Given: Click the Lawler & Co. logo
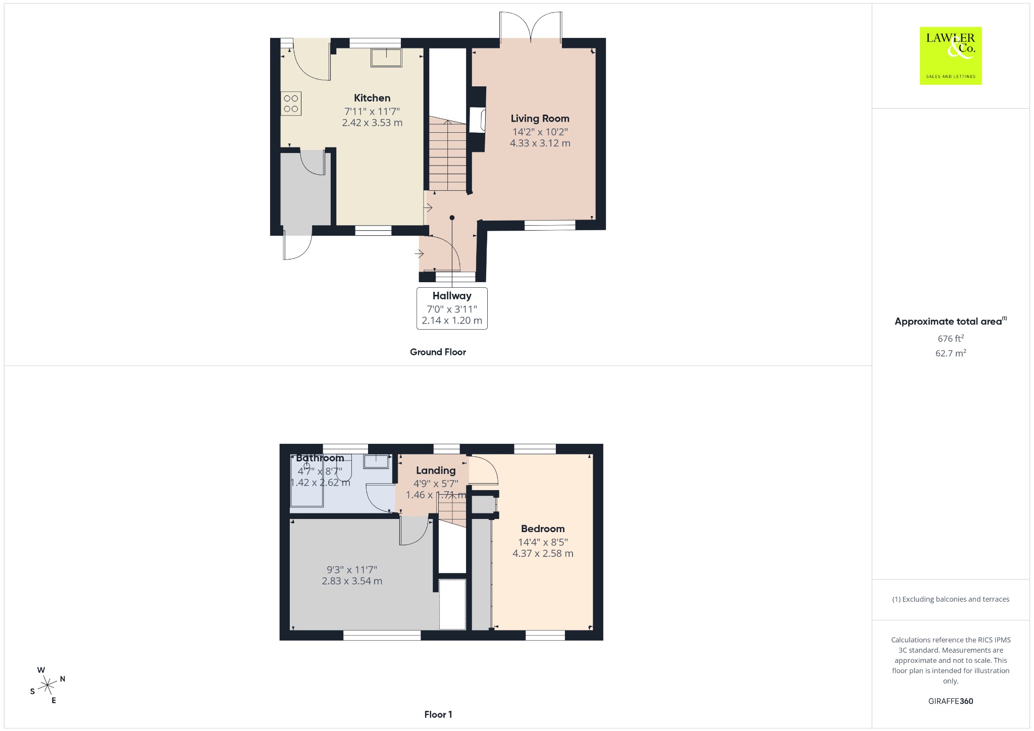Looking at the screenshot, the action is (950, 56).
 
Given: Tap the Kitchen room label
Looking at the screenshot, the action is (372, 98).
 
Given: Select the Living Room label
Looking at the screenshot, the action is (540, 119).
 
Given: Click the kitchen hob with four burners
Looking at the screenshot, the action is (291, 103).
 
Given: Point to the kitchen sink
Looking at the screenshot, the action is (387, 58).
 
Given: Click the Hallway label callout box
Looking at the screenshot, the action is (452, 308).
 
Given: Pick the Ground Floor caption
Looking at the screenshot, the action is (438, 352).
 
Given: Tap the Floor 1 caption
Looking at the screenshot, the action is (438, 714).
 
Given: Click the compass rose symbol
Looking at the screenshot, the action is (48, 685).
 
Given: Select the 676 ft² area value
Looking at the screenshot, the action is (951, 338).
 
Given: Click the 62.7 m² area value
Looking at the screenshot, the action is (951, 353).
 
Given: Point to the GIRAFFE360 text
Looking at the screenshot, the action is (951, 701).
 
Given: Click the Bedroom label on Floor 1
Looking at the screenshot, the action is (543, 529).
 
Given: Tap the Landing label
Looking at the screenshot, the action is (436, 471).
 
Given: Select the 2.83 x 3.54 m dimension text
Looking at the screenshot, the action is (352, 581).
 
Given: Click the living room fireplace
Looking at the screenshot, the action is (478, 120).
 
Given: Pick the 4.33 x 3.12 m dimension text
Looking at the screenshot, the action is (540, 143).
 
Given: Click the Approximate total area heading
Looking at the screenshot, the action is (951, 321).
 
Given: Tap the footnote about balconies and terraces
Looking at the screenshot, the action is (951, 599).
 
